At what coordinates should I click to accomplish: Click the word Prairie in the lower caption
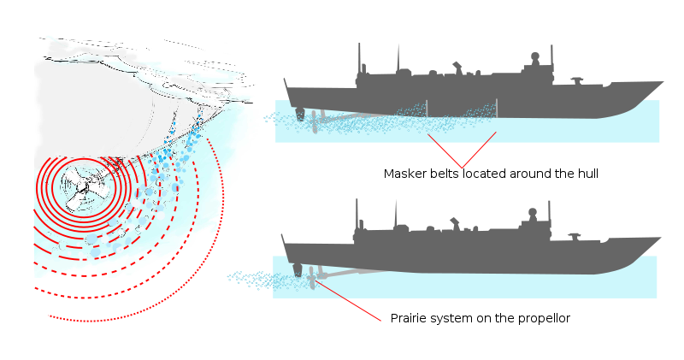click(410, 318)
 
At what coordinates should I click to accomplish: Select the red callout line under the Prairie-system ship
click(346, 298)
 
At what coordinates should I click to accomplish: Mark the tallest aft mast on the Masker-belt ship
click(358, 60)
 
